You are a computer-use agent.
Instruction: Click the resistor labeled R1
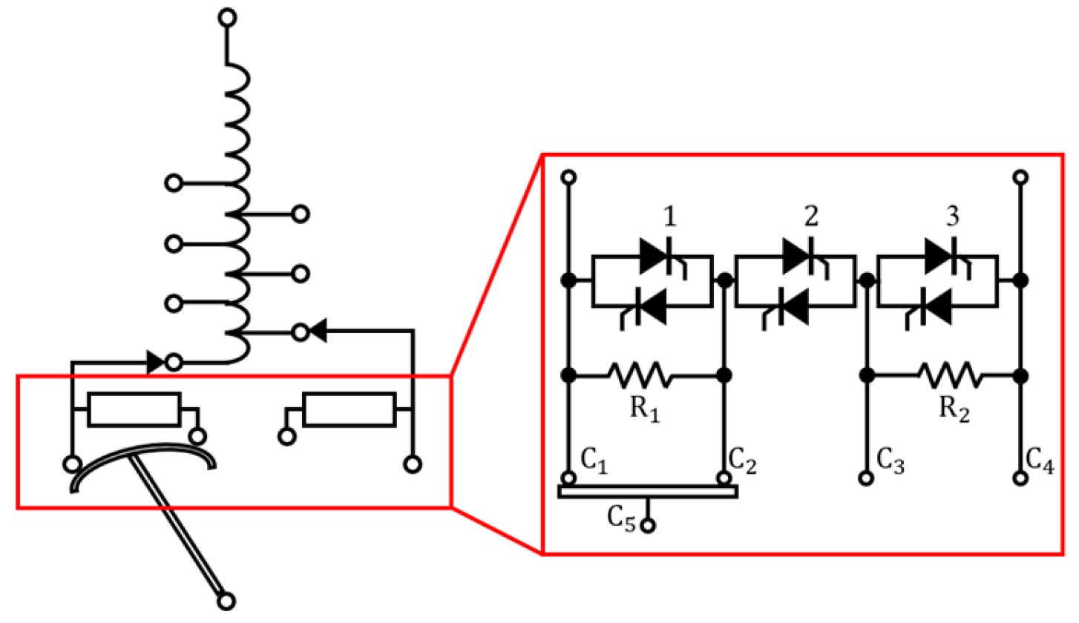pyautogui.click(x=641, y=376)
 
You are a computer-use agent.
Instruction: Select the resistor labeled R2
pyautogui.click(x=952, y=376)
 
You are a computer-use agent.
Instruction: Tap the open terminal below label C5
pyautogui.click(x=649, y=527)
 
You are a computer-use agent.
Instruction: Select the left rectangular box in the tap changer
pyautogui.click(x=134, y=409)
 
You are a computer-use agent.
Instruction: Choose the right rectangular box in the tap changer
pyautogui.click(x=350, y=409)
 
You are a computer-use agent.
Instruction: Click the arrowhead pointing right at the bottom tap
pyautogui.click(x=156, y=362)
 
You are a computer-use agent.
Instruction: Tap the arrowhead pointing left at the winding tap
pyautogui.click(x=318, y=332)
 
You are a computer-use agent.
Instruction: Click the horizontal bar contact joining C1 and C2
pyautogui.click(x=647, y=491)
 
